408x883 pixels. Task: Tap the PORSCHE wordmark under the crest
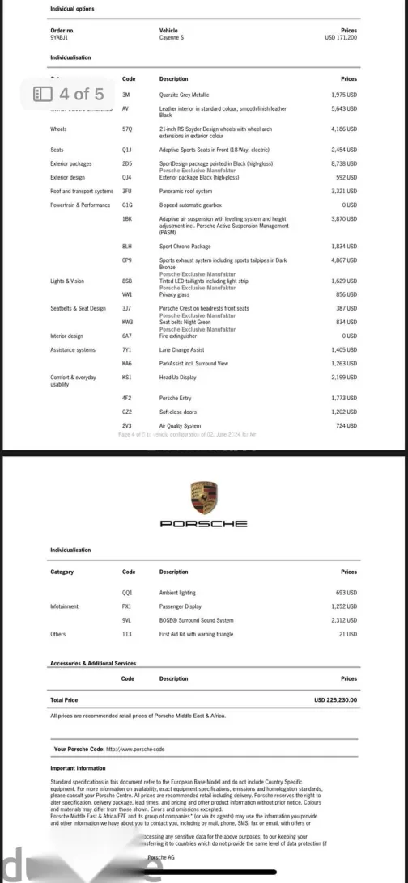[x=204, y=524]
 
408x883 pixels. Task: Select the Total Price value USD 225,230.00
[x=335, y=699]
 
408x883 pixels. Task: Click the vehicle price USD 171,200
[x=341, y=37]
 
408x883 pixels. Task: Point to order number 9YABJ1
[x=60, y=37]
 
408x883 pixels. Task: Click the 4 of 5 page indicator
[x=69, y=94]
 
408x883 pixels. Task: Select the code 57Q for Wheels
[x=126, y=129]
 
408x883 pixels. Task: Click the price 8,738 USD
[x=344, y=163]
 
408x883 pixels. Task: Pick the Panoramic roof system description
[x=185, y=192]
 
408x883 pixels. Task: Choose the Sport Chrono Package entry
[x=185, y=246]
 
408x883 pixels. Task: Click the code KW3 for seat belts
[x=127, y=322]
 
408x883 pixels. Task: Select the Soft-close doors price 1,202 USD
[x=344, y=412]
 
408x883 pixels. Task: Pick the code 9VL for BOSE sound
[x=126, y=620]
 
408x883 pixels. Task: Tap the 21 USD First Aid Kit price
[x=349, y=634]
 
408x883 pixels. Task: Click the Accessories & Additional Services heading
[x=93, y=663]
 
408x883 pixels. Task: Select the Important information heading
[x=78, y=768]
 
